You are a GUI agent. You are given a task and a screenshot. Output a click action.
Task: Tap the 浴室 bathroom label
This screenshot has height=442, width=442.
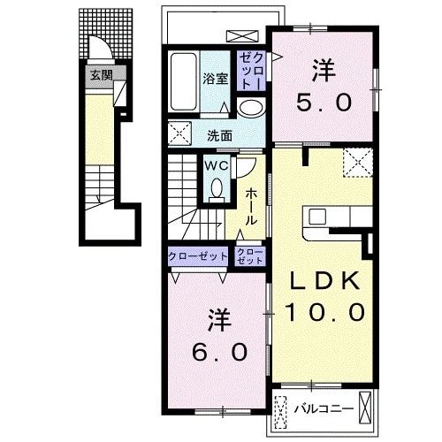[216, 79]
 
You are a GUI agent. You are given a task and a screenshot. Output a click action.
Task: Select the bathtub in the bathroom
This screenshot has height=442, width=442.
[184, 82]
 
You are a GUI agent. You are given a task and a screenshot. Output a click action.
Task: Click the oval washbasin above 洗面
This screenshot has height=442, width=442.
[250, 109]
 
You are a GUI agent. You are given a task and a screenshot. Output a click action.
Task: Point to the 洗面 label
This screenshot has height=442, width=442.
[219, 136]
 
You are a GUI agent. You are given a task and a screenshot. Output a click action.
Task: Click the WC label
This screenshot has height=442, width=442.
[217, 166]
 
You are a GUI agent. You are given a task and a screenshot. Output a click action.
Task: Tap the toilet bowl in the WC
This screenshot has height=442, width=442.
[217, 187]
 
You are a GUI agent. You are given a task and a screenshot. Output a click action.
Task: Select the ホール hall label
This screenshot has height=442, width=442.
[251, 207]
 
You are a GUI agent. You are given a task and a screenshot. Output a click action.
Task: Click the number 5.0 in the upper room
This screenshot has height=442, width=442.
[324, 102]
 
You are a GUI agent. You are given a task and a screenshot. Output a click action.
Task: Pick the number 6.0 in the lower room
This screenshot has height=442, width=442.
[219, 352]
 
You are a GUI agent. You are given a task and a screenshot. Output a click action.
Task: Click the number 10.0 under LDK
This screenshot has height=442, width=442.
[325, 312]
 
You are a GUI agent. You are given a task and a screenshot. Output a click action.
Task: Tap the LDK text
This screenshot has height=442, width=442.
[325, 280]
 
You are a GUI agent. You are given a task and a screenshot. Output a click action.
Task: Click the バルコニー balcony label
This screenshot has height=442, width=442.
[324, 408]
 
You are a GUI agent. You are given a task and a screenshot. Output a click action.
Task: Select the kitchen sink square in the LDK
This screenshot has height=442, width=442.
[317, 217]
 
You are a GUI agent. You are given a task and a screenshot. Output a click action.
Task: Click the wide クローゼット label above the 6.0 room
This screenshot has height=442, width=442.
[198, 256]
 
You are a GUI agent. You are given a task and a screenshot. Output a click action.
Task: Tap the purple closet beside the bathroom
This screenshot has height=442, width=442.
[251, 72]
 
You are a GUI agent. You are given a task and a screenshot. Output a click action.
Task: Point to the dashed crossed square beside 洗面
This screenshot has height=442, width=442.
[179, 133]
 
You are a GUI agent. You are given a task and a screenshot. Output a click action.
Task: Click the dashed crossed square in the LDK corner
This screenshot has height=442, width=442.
[358, 163]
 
